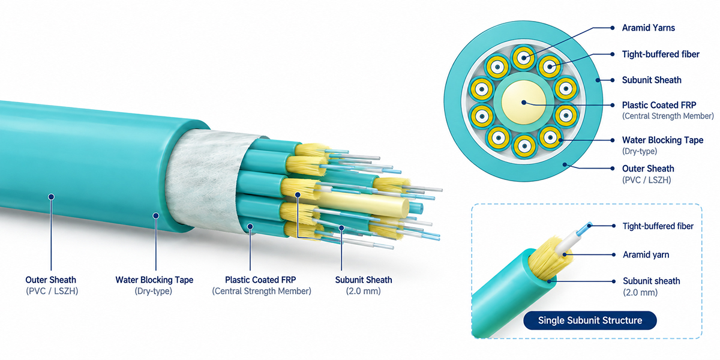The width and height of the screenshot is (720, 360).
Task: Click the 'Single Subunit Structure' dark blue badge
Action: click(x=590, y=320)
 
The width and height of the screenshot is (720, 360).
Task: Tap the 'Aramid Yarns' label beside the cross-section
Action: click(x=649, y=28)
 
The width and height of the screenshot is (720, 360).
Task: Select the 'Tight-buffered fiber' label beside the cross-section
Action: click(x=661, y=54)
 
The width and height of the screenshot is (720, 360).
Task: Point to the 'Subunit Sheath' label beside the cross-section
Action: click(x=652, y=80)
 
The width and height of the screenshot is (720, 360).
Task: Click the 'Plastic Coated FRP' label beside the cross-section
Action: click(x=659, y=105)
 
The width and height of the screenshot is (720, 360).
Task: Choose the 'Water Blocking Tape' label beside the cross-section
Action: click(x=662, y=140)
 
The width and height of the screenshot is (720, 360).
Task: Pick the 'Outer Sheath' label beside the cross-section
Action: click(x=648, y=169)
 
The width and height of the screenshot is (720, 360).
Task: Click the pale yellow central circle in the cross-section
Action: click(x=524, y=103)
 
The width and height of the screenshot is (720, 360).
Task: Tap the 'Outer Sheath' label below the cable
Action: click(x=51, y=280)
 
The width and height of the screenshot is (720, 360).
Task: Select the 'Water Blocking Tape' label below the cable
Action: click(x=154, y=280)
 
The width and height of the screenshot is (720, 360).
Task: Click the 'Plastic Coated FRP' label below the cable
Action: click(x=260, y=280)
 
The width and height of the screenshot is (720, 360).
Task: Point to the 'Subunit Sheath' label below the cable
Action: click(x=364, y=280)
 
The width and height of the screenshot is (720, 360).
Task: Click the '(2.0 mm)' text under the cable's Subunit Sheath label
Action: click(x=363, y=291)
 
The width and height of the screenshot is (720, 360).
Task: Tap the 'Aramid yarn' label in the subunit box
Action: click(x=646, y=255)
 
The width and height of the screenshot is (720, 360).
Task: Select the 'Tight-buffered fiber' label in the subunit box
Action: click(x=658, y=226)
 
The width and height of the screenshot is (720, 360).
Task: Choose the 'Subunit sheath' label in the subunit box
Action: click(x=651, y=281)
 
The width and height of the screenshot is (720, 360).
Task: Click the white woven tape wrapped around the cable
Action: click(x=206, y=180)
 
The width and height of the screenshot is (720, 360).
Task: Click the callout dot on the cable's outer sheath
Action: click(x=51, y=197)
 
